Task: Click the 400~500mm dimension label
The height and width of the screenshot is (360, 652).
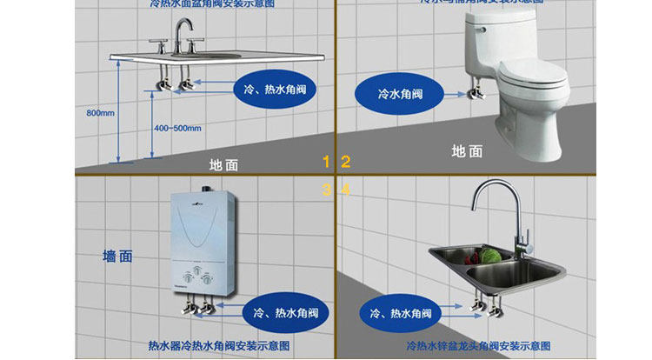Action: point(177,128)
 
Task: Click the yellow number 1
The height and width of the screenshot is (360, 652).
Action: point(327,161)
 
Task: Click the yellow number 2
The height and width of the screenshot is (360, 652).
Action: point(345,161)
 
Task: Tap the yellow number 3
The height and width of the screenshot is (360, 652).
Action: point(327,189)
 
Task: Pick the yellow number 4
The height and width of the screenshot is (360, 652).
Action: point(345,189)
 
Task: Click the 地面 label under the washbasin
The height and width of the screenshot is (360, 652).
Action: point(223,164)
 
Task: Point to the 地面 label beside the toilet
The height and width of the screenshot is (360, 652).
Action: point(467,150)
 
